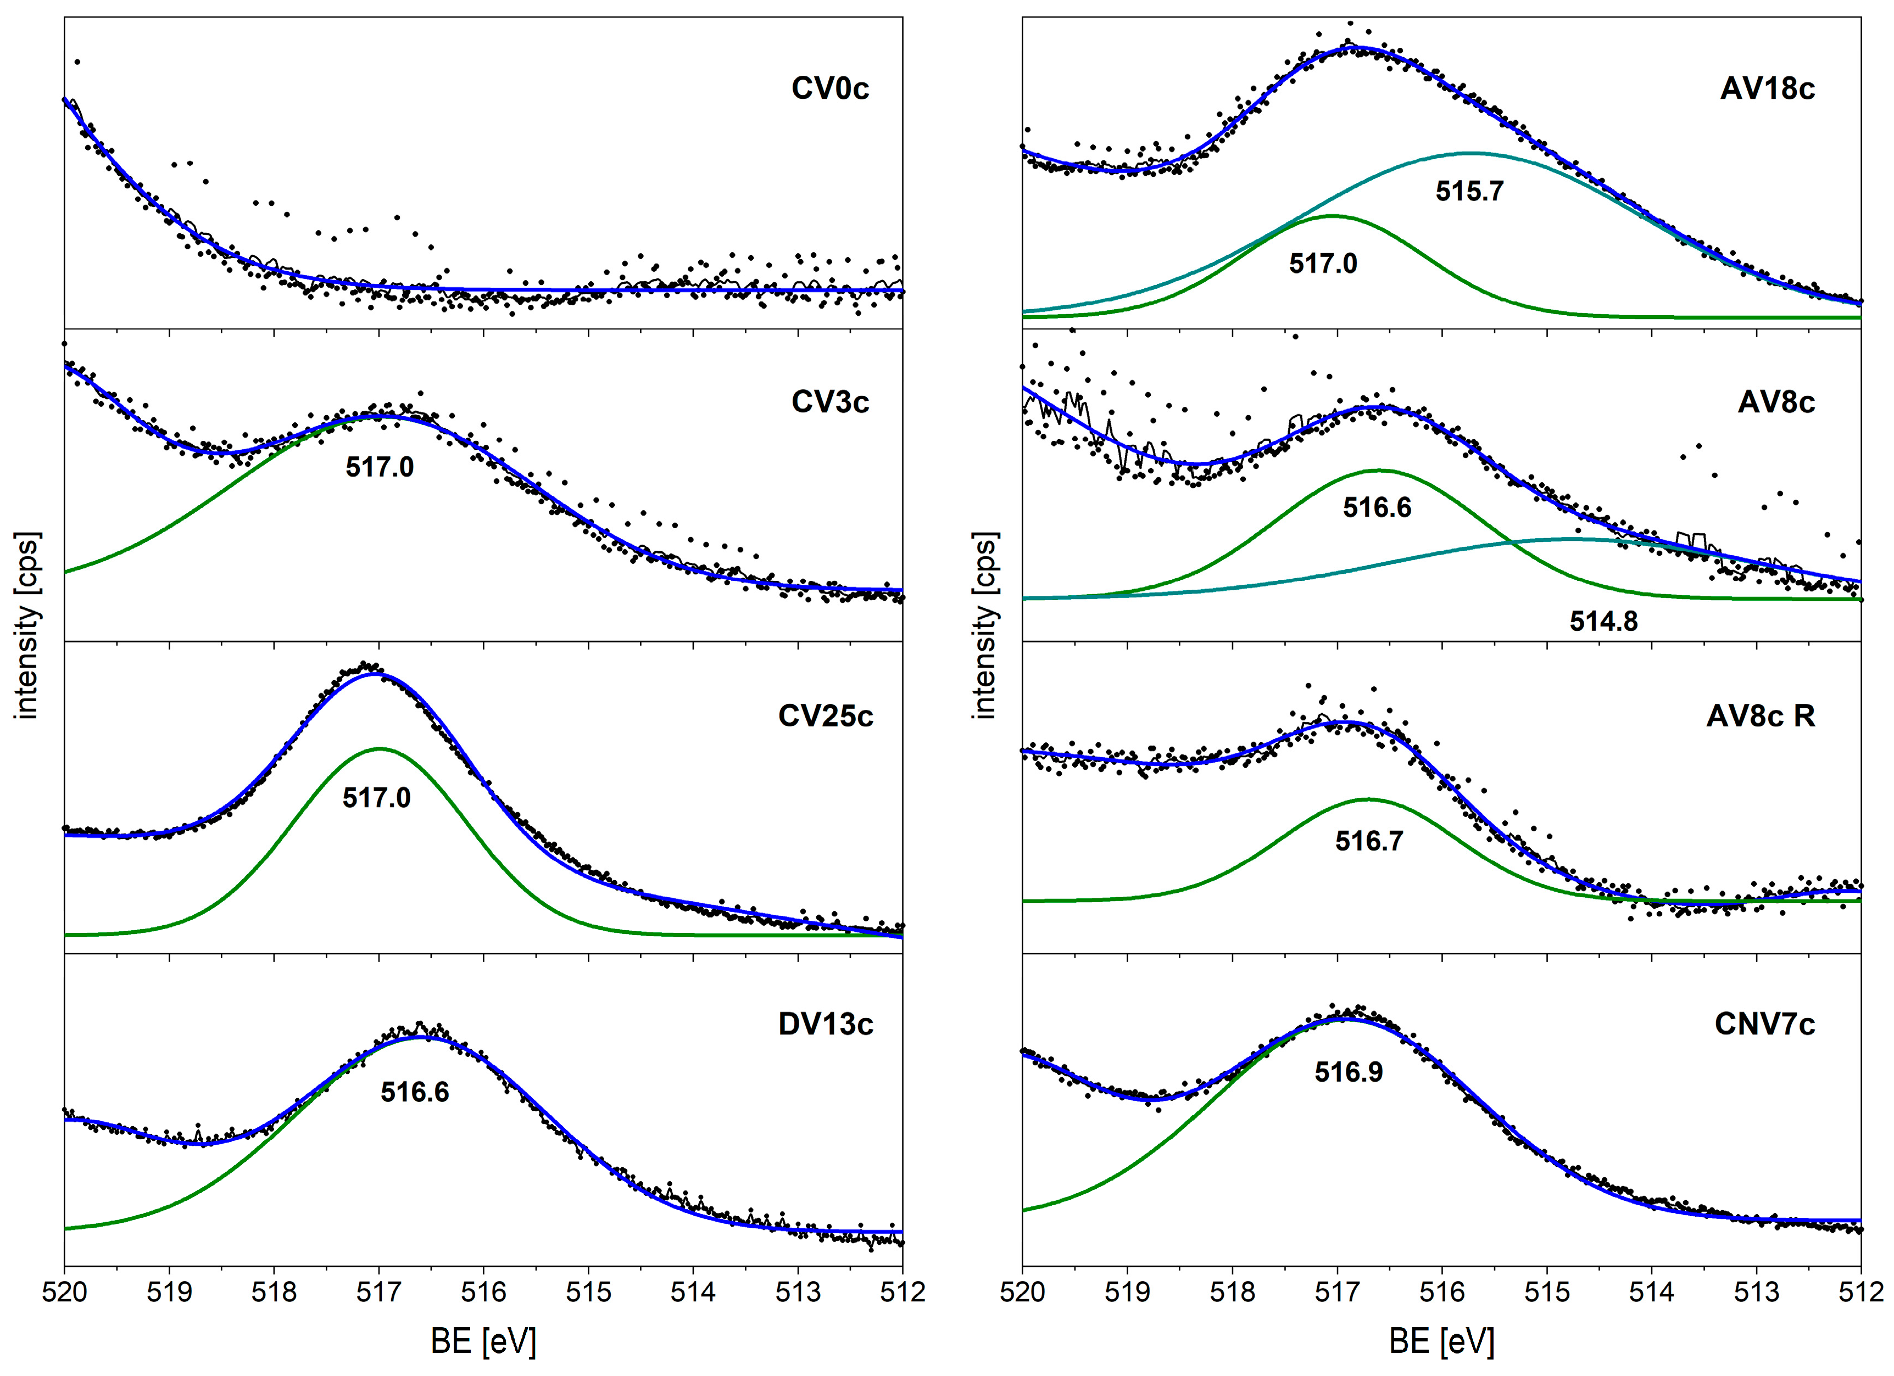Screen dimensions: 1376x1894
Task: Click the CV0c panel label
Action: pos(829,88)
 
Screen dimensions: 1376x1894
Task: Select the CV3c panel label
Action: pos(829,402)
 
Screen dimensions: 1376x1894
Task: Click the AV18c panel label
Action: pos(1767,88)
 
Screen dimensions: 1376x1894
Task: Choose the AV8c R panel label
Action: pos(1761,717)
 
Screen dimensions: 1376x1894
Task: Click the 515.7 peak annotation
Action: pos(1470,191)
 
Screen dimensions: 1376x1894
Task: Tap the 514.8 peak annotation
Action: pos(1603,621)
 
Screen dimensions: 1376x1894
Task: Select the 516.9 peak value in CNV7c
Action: pos(1349,1072)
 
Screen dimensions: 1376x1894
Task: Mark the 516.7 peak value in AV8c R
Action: pos(1369,841)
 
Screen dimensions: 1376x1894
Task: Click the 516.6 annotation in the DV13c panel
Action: pos(415,1092)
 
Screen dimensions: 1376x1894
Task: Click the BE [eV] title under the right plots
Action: pos(1441,1341)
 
